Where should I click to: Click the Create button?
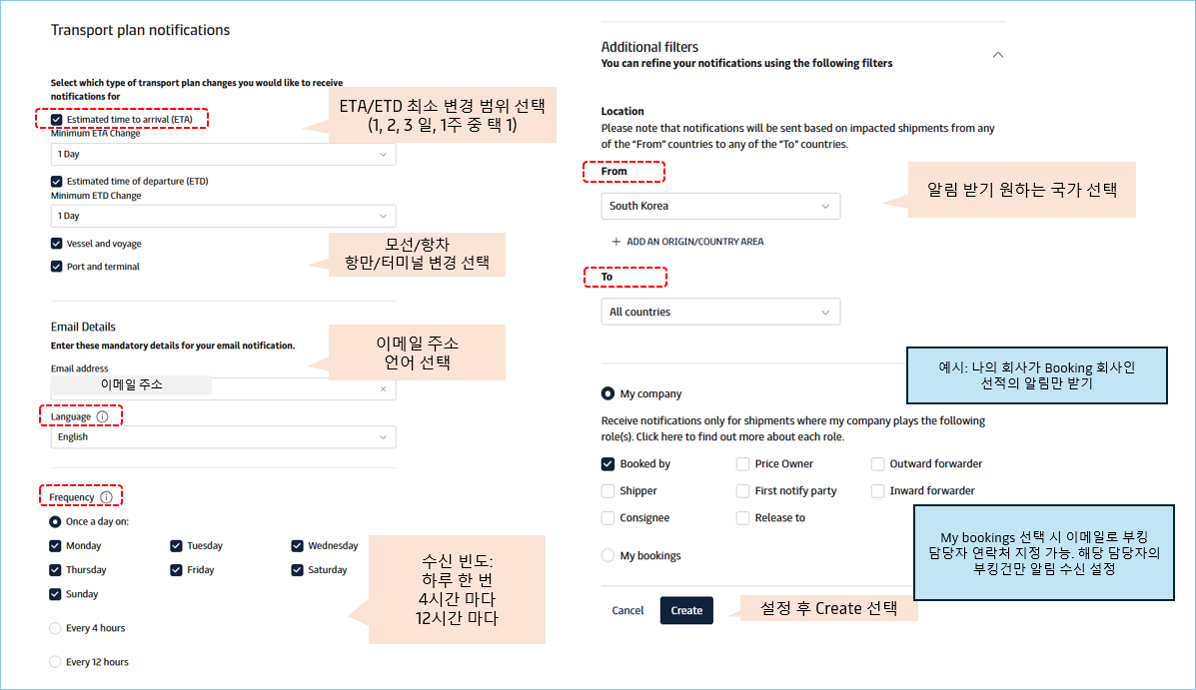pos(686,610)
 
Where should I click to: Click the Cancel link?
pos(627,610)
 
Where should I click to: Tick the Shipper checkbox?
pos(607,491)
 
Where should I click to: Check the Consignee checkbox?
pos(607,518)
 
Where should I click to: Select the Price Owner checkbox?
pos(742,464)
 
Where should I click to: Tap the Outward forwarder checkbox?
pos(877,464)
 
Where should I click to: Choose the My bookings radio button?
pos(607,555)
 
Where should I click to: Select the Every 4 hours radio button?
pos(56,628)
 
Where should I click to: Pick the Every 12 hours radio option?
pos(56,662)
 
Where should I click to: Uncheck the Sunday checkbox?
pos(56,594)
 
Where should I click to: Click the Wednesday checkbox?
pos(298,546)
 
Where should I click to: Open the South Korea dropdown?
pos(720,206)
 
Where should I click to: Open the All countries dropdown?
pos(720,313)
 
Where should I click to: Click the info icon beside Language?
pos(104,416)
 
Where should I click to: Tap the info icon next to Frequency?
pos(106,497)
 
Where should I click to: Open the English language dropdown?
pos(223,437)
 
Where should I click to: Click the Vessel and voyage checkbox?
pos(56,244)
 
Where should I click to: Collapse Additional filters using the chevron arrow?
pos(997,55)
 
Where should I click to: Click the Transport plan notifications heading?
pos(140,30)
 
